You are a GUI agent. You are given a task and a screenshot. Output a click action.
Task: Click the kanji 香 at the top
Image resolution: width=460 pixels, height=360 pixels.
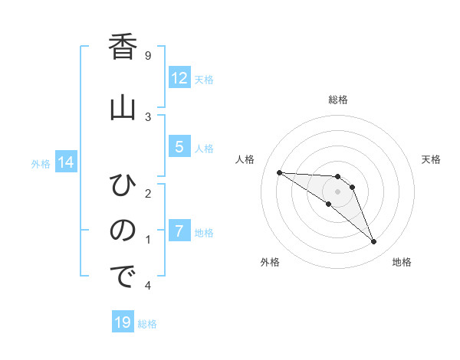(x=122, y=47)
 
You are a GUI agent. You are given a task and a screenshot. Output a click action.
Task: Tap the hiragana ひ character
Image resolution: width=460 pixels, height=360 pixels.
(x=122, y=185)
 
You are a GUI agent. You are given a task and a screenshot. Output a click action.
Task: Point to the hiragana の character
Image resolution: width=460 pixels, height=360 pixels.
(x=122, y=230)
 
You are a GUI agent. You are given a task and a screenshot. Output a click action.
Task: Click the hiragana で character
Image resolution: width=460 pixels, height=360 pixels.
(x=122, y=277)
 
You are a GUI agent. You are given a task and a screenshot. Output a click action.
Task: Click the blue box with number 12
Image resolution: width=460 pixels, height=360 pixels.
(x=179, y=78)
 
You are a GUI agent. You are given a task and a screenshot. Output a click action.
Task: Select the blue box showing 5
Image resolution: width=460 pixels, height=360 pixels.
(x=179, y=147)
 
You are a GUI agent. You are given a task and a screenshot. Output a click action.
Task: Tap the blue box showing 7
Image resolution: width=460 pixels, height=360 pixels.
(x=179, y=231)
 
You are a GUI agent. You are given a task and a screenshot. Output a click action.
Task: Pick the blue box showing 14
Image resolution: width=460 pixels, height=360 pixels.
(x=65, y=162)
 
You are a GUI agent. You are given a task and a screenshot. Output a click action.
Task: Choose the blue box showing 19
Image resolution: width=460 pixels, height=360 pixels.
(x=123, y=322)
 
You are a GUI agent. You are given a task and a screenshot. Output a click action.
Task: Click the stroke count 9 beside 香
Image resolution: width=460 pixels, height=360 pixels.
(x=147, y=55)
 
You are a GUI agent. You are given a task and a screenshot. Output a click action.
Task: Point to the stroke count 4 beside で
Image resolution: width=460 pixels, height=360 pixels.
(x=147, y=286)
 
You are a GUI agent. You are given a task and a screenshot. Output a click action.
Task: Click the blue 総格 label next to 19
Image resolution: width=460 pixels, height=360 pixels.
(x=147, y=324)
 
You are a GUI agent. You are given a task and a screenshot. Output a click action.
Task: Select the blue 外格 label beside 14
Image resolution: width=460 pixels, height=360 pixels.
(x=41, y=163)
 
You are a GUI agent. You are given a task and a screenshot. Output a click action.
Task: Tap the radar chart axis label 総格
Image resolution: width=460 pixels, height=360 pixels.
(x=337, y=100)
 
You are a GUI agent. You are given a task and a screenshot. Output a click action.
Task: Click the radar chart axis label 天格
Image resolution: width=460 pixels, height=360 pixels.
(x=431, y=159)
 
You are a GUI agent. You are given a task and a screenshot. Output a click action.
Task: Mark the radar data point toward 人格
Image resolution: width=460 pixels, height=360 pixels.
(x=279, y=172)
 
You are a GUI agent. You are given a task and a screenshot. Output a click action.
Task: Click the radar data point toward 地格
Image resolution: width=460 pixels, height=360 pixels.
(x=373, y=242)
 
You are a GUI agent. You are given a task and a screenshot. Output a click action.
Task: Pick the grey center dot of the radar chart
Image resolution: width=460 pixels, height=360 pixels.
(x=337, y=191)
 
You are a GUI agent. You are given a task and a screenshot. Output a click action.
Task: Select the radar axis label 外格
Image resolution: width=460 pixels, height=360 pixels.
(x=269, y=262)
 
